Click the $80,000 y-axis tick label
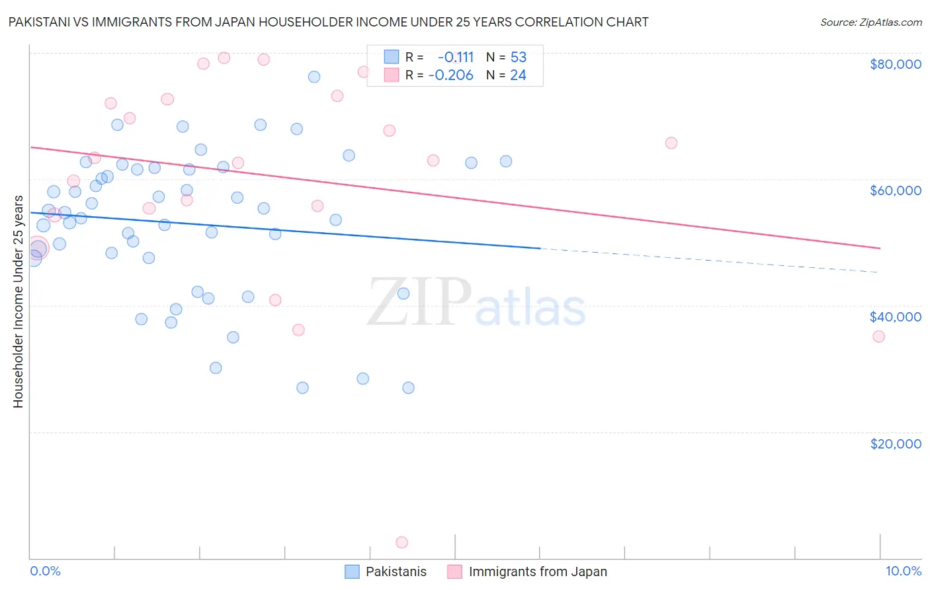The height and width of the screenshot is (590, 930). click(x=895, y=64)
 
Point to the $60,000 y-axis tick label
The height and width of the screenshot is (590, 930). click(x=895, y=190)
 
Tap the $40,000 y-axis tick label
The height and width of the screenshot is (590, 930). click(x=895, y=317)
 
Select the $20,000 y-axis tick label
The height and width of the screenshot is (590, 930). click(x=895, y=443)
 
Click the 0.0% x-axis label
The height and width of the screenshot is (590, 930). click(x=45, y=571)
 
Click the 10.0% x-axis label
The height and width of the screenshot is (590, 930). click(x=903, y=571)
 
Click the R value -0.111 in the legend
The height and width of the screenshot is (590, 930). click(x=456, y=57)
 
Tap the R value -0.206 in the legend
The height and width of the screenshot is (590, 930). click(x=451, y=75)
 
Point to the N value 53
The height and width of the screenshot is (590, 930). click(x=518, y=57)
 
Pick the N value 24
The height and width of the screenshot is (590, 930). click(x=518, y=75)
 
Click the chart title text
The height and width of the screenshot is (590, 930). click(x=328, y=22)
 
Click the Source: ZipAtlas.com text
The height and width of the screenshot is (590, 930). click(x=870, y=22)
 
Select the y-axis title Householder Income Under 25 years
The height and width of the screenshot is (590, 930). click(x=18, y=301)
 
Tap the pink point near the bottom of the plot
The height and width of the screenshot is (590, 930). click(x=402, y=542)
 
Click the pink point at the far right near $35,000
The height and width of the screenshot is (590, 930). click(x=878, y=337)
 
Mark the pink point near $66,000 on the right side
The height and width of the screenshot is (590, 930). click(x=671, y=143)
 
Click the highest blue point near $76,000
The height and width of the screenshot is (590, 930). click(x=314, y=77)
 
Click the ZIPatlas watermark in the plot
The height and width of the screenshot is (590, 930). click(x=476, y=303)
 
